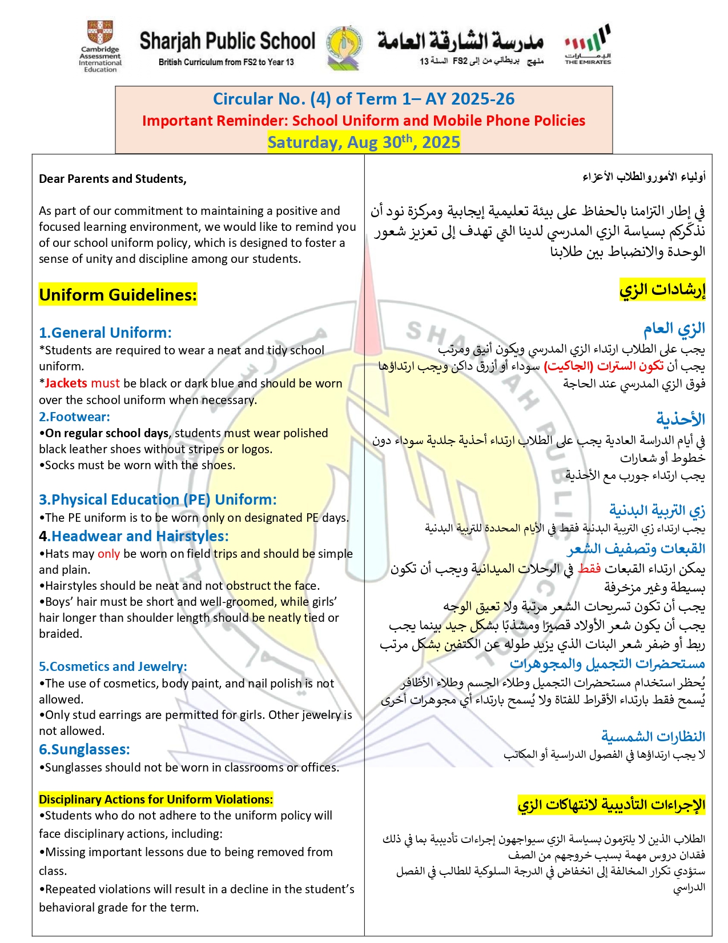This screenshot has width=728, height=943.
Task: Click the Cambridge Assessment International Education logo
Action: (x=100, y=47)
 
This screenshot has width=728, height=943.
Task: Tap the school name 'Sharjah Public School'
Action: (x=227, y=41)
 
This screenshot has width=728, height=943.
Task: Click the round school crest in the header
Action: (x=344, y=46)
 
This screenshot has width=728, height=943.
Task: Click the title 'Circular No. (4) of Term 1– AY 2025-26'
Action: (x=364, y=99)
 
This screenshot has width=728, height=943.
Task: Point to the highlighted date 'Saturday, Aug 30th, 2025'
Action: (x=364, y=142)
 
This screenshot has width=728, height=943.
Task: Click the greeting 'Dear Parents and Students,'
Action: (x=112, y=179)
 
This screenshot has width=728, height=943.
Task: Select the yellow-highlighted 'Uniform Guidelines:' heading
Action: (x=118, y=295)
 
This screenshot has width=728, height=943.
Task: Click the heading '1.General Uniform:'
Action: (x=105, y=333)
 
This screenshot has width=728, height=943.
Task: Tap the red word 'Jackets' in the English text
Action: (x=66, y=383)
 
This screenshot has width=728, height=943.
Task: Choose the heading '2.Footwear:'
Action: (x=74, y=417)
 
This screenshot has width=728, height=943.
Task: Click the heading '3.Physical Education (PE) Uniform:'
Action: (x=158, y=500)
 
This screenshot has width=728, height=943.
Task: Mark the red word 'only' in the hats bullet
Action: (x=108, y=554)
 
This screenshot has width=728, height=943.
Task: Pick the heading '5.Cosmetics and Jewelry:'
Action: (x=112, y=666)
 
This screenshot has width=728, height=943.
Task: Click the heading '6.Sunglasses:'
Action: (x=85, y=749)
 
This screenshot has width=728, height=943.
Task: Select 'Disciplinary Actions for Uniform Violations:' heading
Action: (x=156, y=800)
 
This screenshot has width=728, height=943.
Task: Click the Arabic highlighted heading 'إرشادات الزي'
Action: (x=662, y=290)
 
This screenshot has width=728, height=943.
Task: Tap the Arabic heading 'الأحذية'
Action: (x=680, y=419)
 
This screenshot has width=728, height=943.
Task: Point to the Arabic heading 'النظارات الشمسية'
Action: (x=653, y=736)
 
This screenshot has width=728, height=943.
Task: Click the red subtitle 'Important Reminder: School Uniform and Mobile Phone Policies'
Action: (x=364, y=121)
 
